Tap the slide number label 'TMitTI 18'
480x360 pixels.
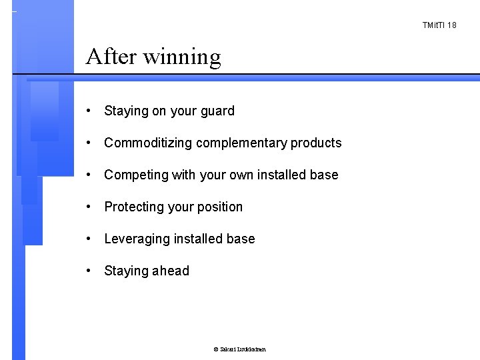click(x=439, y=25)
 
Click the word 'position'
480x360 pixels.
click(x=219, y=207)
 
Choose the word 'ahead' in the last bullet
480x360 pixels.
click(x=171, y=271)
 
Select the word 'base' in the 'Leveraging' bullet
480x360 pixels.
click(x=241, y=239)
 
